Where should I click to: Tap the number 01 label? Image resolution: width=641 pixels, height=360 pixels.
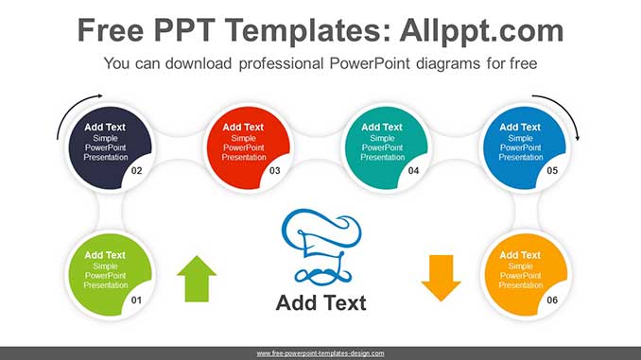[136, 300]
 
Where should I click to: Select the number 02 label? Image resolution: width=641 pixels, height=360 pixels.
[136, 171]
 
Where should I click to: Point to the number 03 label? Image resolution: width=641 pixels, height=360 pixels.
[274, 171]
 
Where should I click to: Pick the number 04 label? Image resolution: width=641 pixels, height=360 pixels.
[413, 171]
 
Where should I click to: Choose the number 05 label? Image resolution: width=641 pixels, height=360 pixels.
[552, 171]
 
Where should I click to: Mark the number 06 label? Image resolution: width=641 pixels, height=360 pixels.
[552, 300]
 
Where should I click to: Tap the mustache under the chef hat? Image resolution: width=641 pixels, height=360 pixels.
[320, 275]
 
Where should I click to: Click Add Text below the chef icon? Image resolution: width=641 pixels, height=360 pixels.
[320, 303]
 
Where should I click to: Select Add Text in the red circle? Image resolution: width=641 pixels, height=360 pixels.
[243, 127]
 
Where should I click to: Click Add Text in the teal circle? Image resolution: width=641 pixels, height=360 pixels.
[382, 127]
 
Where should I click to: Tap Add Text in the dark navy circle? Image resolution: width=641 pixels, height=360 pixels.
[105, 127]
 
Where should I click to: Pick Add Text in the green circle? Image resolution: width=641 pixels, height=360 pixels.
[105, 255]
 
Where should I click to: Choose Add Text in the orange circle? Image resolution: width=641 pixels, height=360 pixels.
[520, 255]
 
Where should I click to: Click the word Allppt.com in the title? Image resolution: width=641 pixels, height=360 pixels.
[481, 30]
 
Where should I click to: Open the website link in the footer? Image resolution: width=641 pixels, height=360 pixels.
[320, 353]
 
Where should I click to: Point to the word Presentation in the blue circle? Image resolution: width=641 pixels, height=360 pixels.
[520, 158]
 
